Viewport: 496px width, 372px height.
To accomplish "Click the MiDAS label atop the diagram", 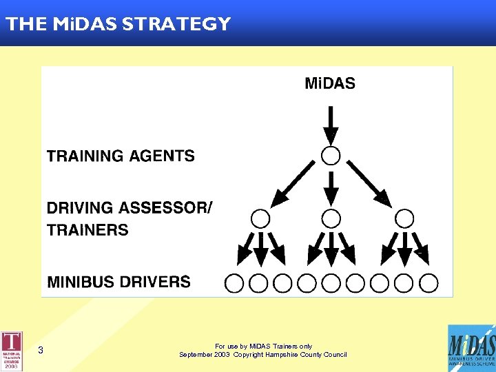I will coord(330,84).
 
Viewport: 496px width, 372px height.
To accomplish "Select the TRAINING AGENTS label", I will coord(121,156).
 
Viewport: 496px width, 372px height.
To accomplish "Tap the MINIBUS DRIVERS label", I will coord(118,281).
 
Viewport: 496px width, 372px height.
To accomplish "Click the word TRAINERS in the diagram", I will coord(87,229).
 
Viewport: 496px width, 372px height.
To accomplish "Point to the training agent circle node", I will coord(331,155).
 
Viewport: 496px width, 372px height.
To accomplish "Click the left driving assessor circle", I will coord(260,219).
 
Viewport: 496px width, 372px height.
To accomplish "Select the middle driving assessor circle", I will coord(331,219).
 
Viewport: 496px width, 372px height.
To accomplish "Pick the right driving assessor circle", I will coord(405,219).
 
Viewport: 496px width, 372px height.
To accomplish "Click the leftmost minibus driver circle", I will coord(234,282).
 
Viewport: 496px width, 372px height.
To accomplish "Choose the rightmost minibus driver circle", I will coord(428,282).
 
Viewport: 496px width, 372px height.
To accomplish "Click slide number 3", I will coord(41,351).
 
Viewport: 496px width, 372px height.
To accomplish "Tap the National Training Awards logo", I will coord(12,351).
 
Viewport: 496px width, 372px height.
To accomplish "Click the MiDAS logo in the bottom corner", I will coord(471,348).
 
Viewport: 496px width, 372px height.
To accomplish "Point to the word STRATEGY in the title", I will coord(176,24).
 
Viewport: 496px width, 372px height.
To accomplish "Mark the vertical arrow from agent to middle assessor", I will coord(331,187).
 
